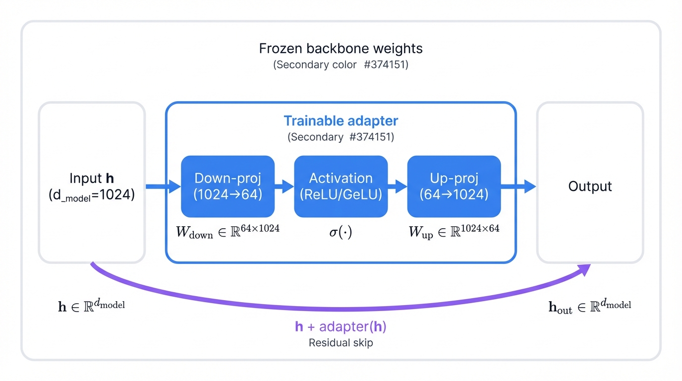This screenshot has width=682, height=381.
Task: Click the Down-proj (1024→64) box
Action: (227, 187)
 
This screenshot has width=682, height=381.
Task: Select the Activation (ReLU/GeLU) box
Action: (341, 187)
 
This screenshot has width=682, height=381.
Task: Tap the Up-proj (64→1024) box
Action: (454, 187)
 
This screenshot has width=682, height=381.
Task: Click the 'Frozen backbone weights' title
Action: (341, 49)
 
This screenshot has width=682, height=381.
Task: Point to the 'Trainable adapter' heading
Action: (341, 121)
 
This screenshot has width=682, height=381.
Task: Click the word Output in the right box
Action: (590, 187)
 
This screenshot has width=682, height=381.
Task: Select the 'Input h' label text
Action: (92, 179)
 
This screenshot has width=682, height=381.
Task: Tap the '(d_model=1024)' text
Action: (92, 195)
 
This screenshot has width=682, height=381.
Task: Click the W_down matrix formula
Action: (227, 231)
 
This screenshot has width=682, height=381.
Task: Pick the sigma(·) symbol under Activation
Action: (341, 232)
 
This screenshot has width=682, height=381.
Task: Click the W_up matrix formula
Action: (454, 231)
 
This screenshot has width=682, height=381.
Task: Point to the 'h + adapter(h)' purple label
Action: (341, 326)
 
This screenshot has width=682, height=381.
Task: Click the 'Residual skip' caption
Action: (341, 343)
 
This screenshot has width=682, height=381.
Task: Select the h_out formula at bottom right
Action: (590, 306)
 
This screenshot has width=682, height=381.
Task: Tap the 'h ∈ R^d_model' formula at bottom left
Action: (92, 305)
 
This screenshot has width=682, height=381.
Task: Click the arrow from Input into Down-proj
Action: (163, 187)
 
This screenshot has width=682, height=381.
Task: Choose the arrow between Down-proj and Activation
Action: (284, 187)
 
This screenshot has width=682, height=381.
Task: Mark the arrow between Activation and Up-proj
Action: (397, 187)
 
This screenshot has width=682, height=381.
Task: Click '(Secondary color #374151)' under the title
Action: (341, 65)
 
